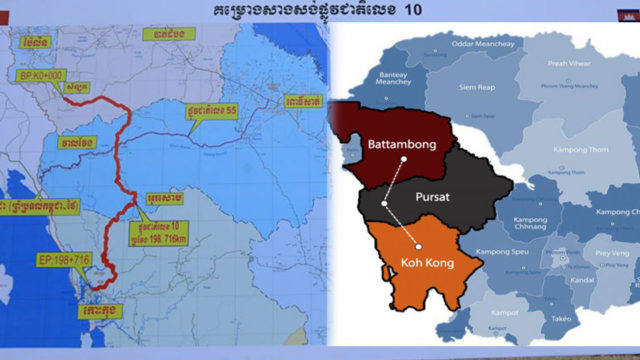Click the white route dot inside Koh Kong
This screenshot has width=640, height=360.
tap(421, 246)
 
